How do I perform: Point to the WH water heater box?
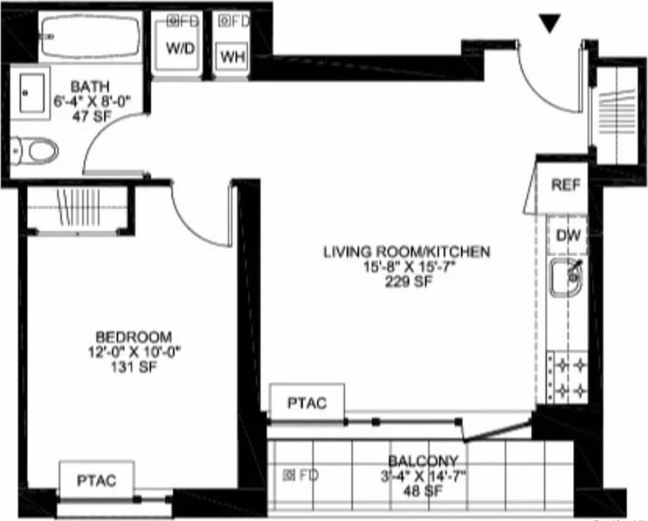coord(232,57)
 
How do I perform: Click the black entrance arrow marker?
coord(550,24)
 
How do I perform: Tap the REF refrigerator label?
coord(566,185)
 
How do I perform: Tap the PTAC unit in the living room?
coord(307,403)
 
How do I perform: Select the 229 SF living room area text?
coord(406,283)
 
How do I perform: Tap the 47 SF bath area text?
coord(89,117)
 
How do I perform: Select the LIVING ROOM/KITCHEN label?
coord(406,252)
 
